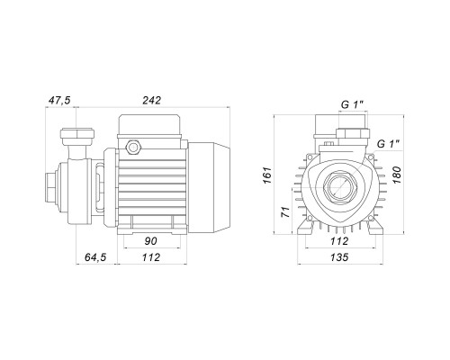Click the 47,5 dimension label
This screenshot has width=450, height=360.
pyautogui.click(x=59, y=100)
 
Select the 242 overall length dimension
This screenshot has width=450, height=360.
pyautogui.click(x=151, y=100)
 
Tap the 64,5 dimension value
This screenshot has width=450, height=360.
pyautogui.click(x=95, y=257)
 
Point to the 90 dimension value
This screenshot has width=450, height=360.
pyautogui.click(x=150, y=241)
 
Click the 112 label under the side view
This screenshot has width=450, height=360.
pyautogui.click(x=151, y=257)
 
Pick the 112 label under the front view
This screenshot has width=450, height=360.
pyautogui.click(x=339, y=241)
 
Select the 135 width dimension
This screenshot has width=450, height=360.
pyautogui.click(x=339, y=257)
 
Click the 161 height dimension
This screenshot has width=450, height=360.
pyautogui.click(x=267, y=175)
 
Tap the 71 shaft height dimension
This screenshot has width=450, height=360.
pyautogui.click(x=286, y=211)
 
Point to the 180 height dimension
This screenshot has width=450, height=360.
pyautogui.click(x=396, y=175)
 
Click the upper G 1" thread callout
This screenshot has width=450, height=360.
pyautogui.click(x=353, y=104)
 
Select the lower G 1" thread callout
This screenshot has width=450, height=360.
pyautogui.click(x=388, y=144)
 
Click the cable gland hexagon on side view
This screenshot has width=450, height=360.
pyautogui.click(x=132, y=147)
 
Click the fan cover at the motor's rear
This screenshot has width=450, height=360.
pyautogui.click(x=209, y=187)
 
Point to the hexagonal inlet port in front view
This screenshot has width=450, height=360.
pyautogui.click(x=339, y=187)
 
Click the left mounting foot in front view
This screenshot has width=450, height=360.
pyautogui.click(x=305, y=227)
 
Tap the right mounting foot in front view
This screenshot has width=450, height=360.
pyautogui.click(x=373, y=227)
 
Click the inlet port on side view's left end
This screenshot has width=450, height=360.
pyautogui.click(x=51, y=187)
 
